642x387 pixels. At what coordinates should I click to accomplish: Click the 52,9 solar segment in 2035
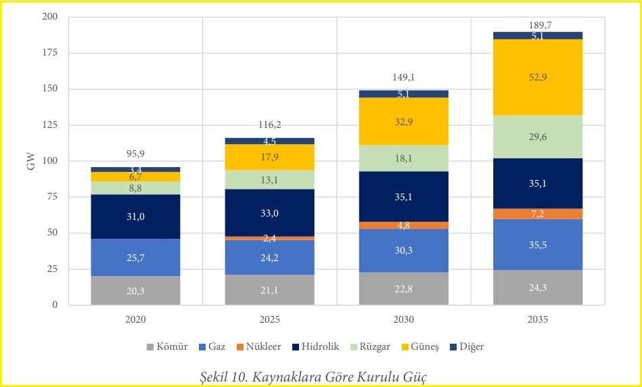(538, 77)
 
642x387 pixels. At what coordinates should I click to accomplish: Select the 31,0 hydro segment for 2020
(135, 217)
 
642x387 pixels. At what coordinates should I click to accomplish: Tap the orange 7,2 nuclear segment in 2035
(538, 214)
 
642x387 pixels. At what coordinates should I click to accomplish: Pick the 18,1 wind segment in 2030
(404, 158)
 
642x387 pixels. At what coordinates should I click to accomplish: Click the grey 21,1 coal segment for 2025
(270, 290)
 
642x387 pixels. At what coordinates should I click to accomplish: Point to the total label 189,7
(538, 25)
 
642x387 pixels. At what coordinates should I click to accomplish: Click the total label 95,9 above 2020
(135, 154)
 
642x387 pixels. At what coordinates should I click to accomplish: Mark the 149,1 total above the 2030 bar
(404, 77)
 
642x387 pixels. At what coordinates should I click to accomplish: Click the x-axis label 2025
(270, 319)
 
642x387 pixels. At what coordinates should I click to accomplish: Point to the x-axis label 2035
(538, 319)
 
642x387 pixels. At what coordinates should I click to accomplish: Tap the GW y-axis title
(30, 161)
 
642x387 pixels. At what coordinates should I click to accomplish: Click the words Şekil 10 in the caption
(224, 378)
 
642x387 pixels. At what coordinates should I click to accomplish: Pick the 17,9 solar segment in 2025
(270, 157)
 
